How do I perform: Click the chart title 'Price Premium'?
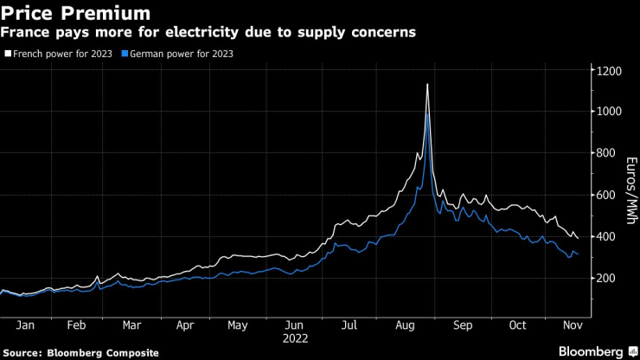[75, 13]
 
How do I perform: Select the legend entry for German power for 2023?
[181, 53]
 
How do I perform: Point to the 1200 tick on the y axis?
[608, 70]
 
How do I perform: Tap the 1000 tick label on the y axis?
[608, 112]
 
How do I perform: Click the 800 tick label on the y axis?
[605, 153]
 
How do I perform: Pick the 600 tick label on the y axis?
[605, 195]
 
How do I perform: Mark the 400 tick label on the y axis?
[605, 236]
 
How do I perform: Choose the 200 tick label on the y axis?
[605, 278]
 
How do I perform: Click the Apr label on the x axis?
[184, 326]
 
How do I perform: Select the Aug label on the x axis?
[403, 326]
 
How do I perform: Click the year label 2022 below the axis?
[295, 339]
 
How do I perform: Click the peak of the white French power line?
[427, 85]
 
